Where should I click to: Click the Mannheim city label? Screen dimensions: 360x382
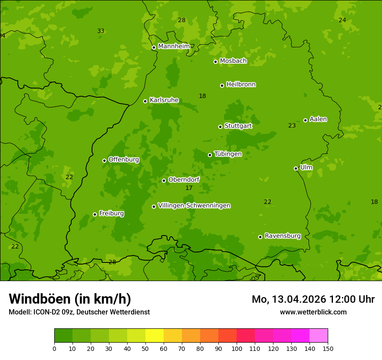click(174, 46)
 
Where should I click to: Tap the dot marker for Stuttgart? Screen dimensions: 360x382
click(220, 127)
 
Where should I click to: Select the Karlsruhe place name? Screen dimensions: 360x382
click(164, 100)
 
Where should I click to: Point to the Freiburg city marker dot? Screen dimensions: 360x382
click(95, 214)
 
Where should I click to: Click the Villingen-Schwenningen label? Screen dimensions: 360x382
click(194, 206)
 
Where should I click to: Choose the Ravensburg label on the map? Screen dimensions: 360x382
click(282, 236)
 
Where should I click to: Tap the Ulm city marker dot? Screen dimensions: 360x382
click(296, 168)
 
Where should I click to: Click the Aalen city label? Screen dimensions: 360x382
click(318, 119)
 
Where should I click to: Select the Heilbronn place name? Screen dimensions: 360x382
click(240, 85)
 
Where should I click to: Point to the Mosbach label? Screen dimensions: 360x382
click(233, 61)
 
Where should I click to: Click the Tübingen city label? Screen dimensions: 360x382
click(227, 154)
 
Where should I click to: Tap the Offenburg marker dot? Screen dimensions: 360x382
click(104, 160)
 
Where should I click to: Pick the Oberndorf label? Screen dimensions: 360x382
click(184, 180)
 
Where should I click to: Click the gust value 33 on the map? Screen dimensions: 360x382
click(101, 31)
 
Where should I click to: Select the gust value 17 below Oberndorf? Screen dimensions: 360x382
click(189, 188)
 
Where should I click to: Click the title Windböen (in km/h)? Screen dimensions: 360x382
click(70, 299)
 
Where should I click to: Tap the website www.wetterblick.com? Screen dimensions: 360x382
click(313, 312)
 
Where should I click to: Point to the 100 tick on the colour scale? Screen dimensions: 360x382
click(237, 348)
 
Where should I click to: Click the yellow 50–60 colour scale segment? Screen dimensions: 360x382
click(155, 335)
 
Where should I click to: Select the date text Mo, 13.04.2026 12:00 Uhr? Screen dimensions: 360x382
click(313, 299)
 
